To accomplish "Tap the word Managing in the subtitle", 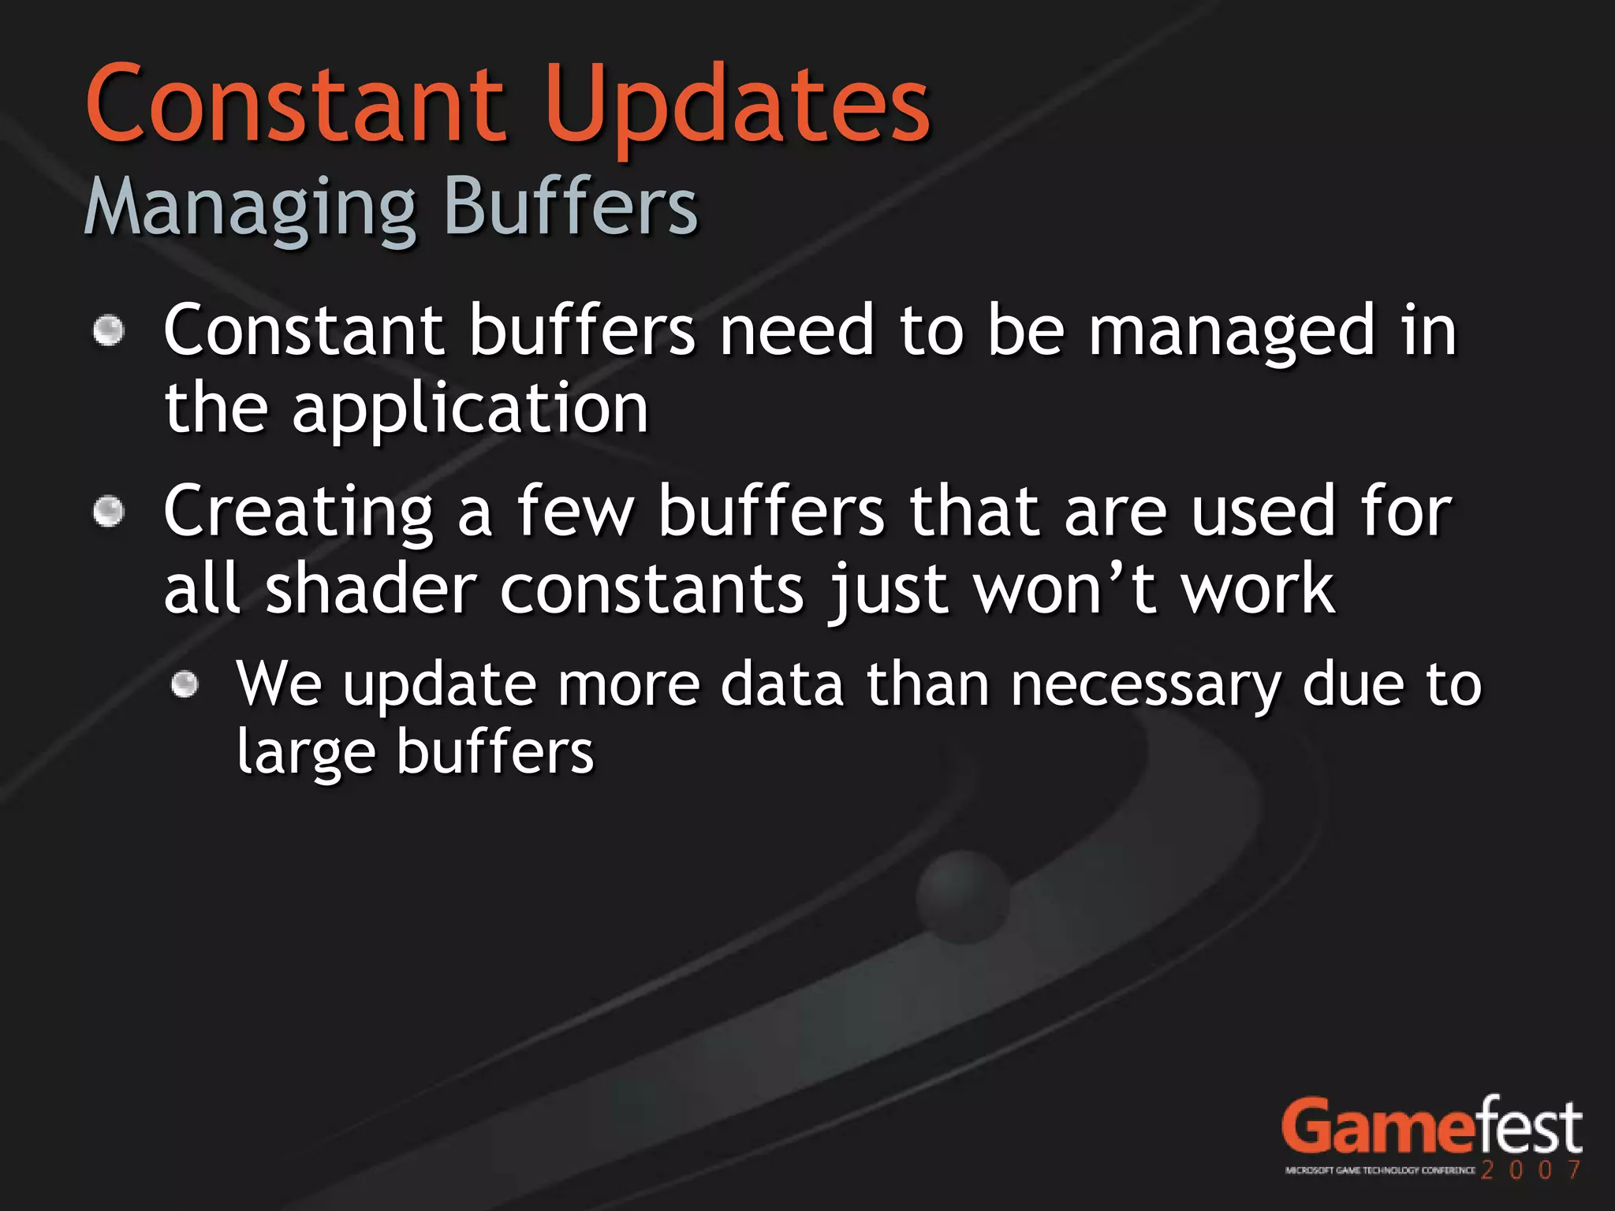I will coord(250,207).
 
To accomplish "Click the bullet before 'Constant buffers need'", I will coord(109,330).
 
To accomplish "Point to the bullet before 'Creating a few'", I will coord(109,512).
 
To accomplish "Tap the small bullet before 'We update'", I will coord(185,684).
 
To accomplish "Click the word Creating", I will coord(298,512).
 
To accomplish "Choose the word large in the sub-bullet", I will coord(306,753).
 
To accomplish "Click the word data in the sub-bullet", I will coord(782,684).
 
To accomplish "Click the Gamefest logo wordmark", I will coord(1431,1127).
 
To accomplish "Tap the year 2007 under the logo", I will coord(1531,1169).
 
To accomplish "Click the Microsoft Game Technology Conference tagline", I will coord(1379,1171).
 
